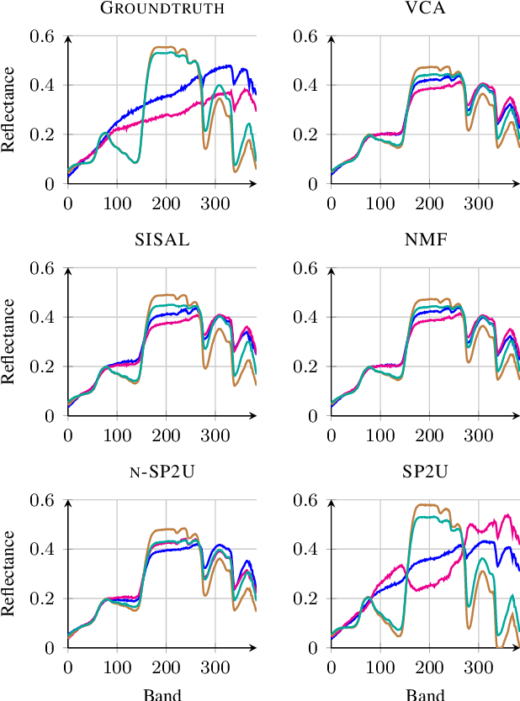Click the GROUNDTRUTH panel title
(x=162, y=8)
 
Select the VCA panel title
(x=425, y=8)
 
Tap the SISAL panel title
(x=162, y=240)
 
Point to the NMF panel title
(x=425, y=240)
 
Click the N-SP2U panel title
(x=162, y=472)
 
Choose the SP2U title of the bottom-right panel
(x=425, y=472)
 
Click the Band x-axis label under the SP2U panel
(x=425, y=694)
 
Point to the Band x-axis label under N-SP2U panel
(x=162, y=694)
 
